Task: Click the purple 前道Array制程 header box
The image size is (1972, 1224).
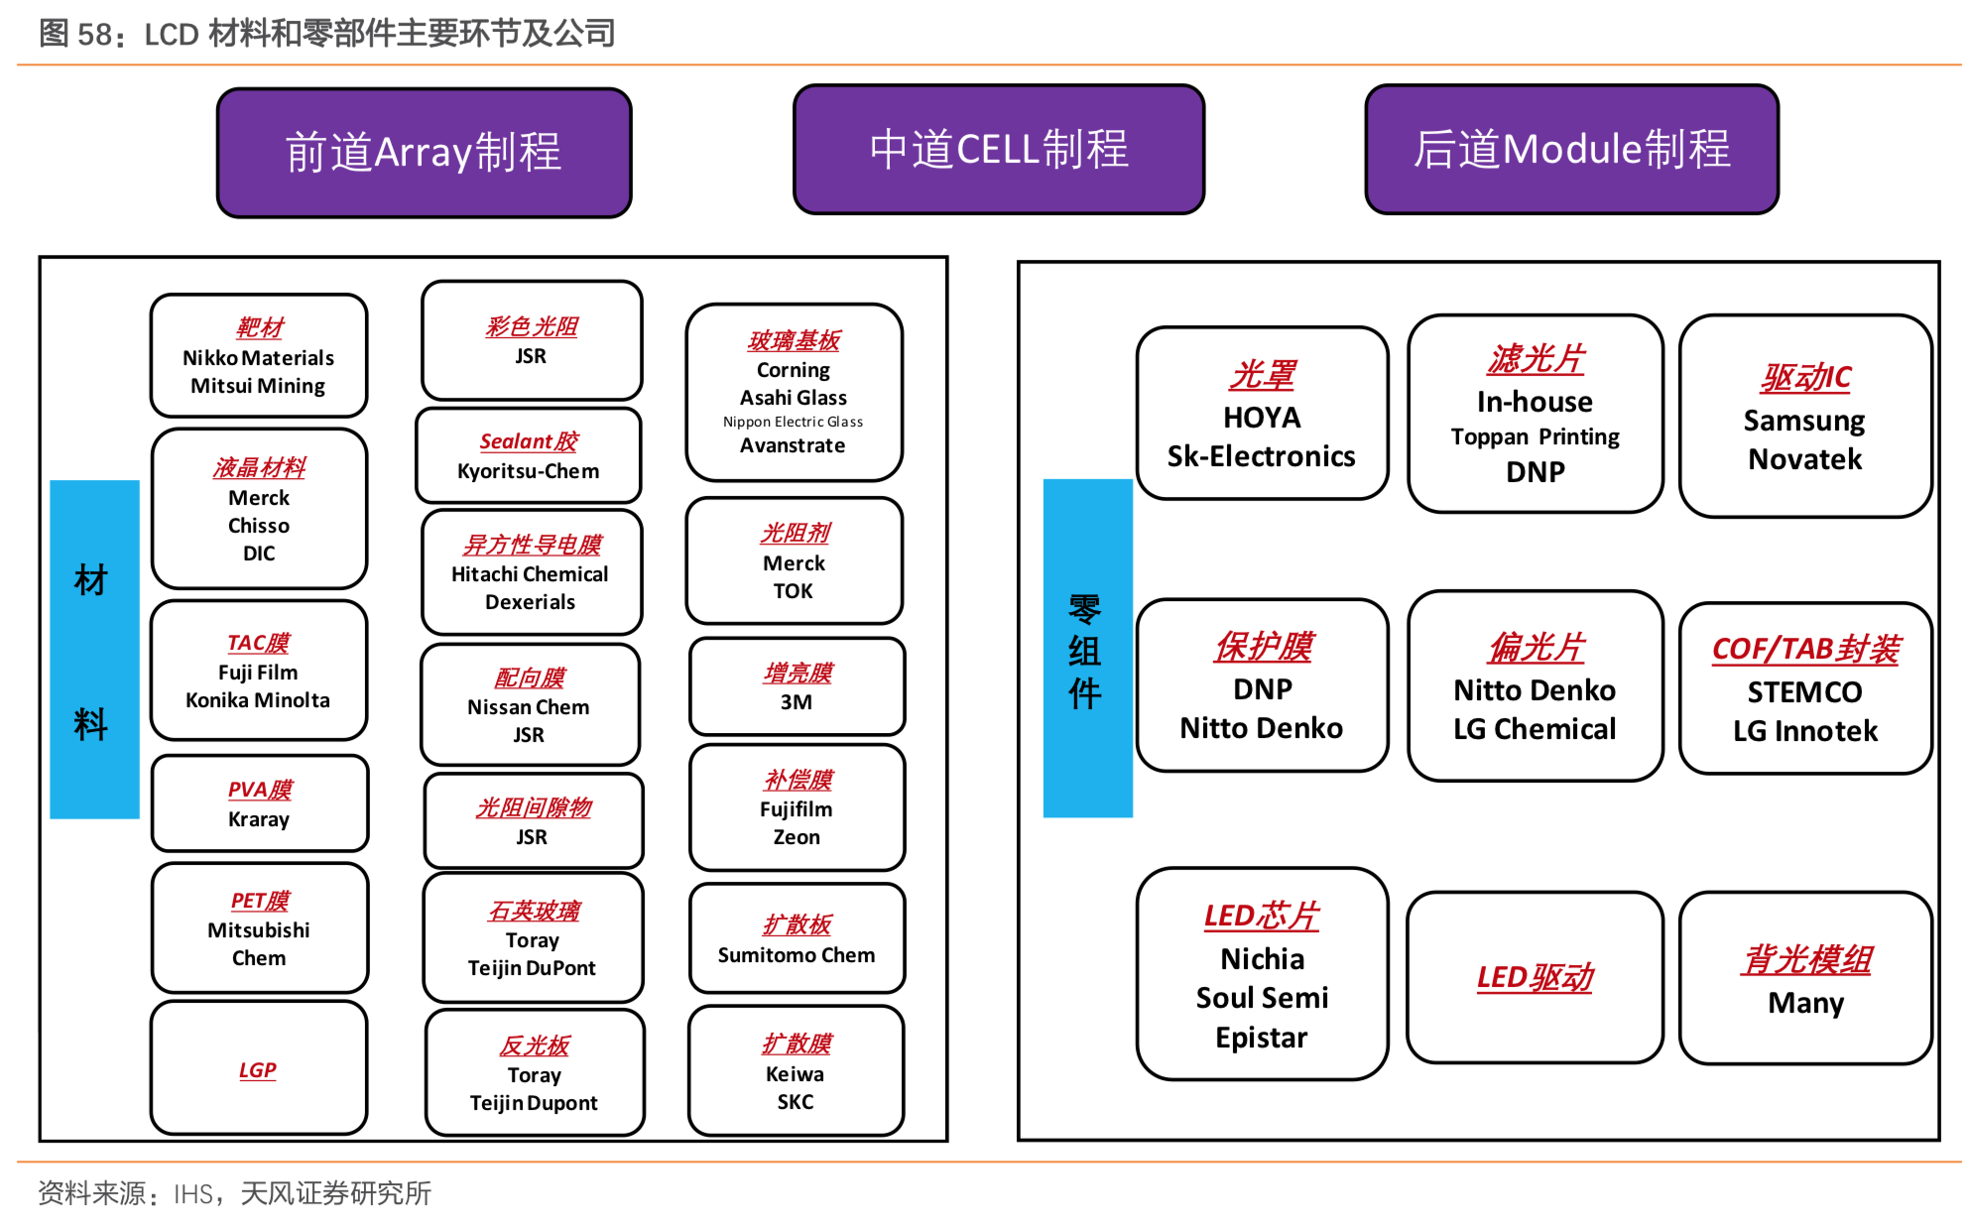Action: pyautogui.click(x=424, y=153)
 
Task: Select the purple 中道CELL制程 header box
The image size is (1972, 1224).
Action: pyautogui.click(x=998, y=150)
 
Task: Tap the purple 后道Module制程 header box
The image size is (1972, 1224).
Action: pyautogui.click(x=1571, y=150)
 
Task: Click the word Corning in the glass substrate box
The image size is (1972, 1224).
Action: pyautogui.click(x=793, y=370)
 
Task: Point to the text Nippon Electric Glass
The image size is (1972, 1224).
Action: pyautogui.click(x=793, y=422)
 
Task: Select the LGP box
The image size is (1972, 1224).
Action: pyautogui.click(x=258, y=1068)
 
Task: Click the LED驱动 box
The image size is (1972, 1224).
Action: pyautogui.click(x=1535, y=978)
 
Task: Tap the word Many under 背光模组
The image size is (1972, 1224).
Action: pyautogui.click(x=1805, y=1003)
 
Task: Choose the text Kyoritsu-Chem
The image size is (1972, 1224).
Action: pyautogui.click(x=528, y=471)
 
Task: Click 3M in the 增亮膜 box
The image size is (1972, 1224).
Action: pyautogui.click(x=796, y=702)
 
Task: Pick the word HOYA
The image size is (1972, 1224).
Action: pyautogui.click(x=1261, y=418)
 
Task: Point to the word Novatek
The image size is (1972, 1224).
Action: pyautogui.click(x=1804, y=459)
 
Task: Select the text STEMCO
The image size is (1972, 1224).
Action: pyautogui.click(x=1804, y=691)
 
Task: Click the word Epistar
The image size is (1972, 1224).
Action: pyautogui.click(x=1261, y=1038)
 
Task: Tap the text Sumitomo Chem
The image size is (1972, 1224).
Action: pyautogui.click(x=796, y=955)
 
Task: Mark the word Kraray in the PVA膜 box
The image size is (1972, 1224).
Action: pyautogui.click(x=258, y=819)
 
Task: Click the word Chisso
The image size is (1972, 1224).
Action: pyautogui.click(x=258, y=526)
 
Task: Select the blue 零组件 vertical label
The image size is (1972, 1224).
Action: pyautogui.click(x=1087, y=649)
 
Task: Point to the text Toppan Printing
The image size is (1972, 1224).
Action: pyautogui.click(x=1535, y=437)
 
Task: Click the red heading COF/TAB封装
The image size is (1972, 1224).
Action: pyautogui.click(x=1804, y=649)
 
